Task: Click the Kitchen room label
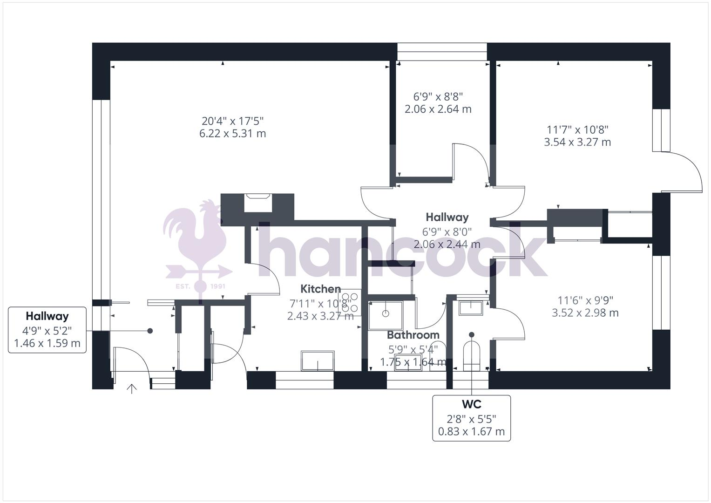tap(320, 289)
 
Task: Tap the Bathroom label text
tap(413, 335)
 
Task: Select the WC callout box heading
tap(471, 404)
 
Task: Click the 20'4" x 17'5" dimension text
tap(232, 121)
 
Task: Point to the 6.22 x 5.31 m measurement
tap(232, 134)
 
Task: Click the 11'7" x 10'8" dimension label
tap(577, 129)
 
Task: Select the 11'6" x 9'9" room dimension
tap(585, 300)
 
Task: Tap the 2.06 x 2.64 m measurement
tap(438, 109)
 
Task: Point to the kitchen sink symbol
tap(318, 361)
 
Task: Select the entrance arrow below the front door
tap(132, 388)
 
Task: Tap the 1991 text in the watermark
tap(218, 286)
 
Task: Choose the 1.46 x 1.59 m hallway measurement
tap(47, 344)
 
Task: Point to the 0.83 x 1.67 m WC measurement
tap(471, 432)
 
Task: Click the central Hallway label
tap(447, 217)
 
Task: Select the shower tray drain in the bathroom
tap(386, 313)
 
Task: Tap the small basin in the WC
tap(471, 307)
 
